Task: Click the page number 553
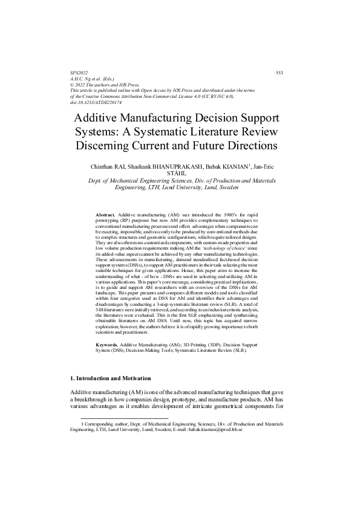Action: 280,73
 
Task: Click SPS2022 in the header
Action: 79,73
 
